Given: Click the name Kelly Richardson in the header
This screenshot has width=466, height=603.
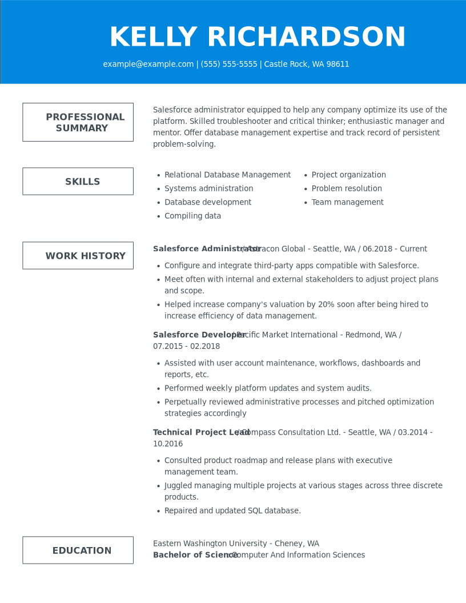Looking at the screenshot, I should (x=257, y=38).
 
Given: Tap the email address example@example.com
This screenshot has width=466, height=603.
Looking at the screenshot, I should (x=148, y=65).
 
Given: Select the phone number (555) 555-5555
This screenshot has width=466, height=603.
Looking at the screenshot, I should (x=228, y=65).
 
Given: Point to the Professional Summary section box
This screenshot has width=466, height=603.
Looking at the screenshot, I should (x=78, y=122).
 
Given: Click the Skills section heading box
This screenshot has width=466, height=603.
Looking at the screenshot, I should (x=78, y=182).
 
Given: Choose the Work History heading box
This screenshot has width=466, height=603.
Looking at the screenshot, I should (x=78, y=256).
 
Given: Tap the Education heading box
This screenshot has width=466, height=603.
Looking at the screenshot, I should (x=78, y=550).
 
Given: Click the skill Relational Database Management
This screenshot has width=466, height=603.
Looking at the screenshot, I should (x=227, y=175).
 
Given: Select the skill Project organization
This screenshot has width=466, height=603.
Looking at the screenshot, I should (x=348, y=175).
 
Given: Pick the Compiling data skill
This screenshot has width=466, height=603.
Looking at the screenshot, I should (x=192, y=216).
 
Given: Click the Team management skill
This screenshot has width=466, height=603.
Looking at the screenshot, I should (x=347, y=203).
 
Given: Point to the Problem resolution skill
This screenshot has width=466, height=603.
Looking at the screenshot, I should (x=347, y=189).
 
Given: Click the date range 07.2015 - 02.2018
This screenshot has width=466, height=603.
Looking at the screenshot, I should (x=186, y=347).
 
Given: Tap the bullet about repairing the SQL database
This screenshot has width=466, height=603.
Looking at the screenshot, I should (x=232, y=511).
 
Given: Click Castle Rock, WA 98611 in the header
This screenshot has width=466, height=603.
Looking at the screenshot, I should (x=306, y=65).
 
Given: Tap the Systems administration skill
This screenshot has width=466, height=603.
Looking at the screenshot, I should (x=208, y=189).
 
